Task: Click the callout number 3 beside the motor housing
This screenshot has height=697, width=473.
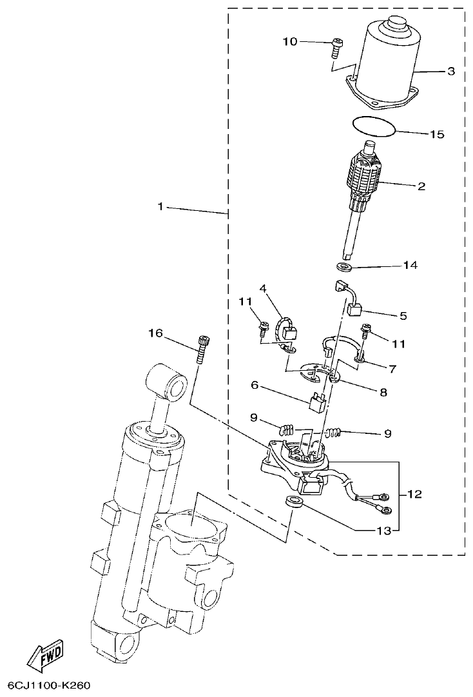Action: [x=450, y=72]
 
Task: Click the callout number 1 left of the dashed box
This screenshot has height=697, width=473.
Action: [x=162, y=207]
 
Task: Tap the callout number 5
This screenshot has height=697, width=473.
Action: [x=403, y=316]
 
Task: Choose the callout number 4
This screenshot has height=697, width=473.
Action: [x=264, y=288]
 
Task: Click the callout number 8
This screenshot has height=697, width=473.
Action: [x=383, y=391]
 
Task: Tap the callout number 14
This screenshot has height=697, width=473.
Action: [x=410, y=265]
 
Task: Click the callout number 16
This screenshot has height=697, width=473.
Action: [x=155, y=333]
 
